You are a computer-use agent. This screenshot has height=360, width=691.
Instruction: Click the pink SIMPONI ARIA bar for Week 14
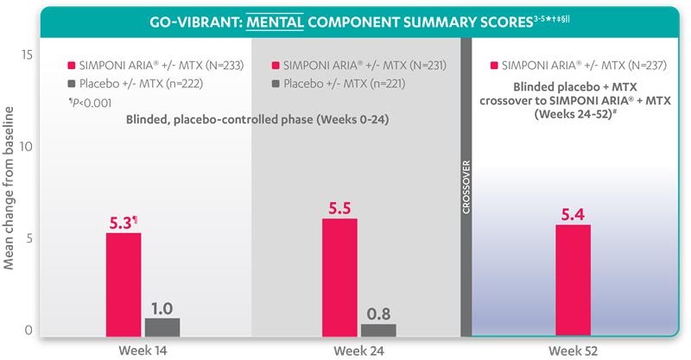(x=124, y=284)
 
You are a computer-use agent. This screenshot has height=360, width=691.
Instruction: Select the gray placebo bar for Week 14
(x=162, y=326)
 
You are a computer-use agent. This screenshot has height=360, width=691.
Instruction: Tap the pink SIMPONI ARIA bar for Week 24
(x=339, y=277)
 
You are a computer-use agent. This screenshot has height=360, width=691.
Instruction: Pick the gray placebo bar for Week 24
(x=378, y=329)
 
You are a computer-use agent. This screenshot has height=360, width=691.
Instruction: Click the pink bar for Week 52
(x=573, y=280)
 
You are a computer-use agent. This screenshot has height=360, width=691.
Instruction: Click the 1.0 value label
(x=162, y=306)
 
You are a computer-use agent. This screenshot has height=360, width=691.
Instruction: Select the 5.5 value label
(x=339, y=208)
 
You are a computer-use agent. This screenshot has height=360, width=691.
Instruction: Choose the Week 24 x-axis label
(x=358, y=350)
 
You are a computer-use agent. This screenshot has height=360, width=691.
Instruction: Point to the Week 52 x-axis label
(x=573, y=350)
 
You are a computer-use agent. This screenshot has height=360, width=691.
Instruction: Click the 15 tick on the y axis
(x=27, y=54)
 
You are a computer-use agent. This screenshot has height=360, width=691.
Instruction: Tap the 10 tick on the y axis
(x=27, y=146)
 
